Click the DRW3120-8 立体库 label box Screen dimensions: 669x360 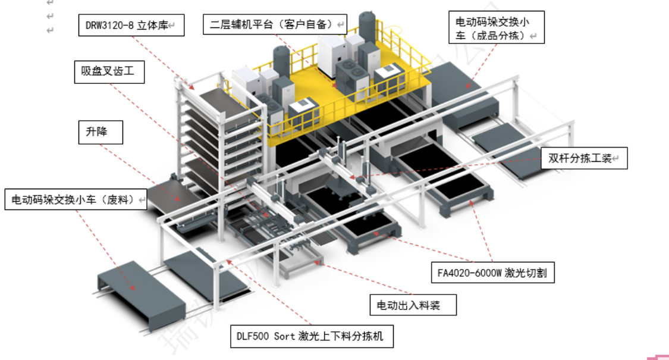tap(131, 25)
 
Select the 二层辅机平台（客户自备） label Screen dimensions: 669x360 tap(275, 24)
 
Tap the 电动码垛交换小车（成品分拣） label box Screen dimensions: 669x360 tap(497, 28)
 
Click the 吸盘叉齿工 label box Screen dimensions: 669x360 tap(109, 72)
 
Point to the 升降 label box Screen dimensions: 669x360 tap(100, 132)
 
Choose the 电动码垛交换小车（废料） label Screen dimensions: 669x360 tap(76, 199)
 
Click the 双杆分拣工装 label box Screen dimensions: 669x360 tap(584, 158)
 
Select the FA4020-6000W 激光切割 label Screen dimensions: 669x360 tap(493, 273)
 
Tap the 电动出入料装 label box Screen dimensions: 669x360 tap(413, 305)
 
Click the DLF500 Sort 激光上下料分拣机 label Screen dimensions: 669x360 tap(312, 336)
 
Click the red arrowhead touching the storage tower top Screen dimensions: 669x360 tap(191, 87)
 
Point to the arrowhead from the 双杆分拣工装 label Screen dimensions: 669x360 tap(353, 176)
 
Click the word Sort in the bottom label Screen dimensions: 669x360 tap(284, 337)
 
